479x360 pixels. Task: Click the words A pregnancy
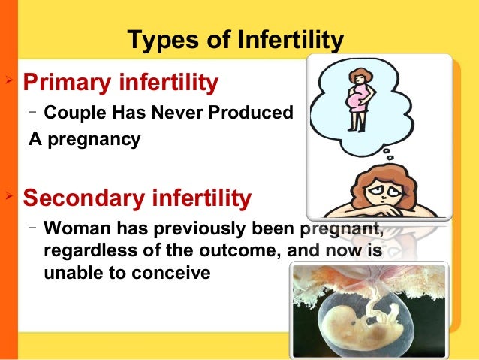pos(84,140)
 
